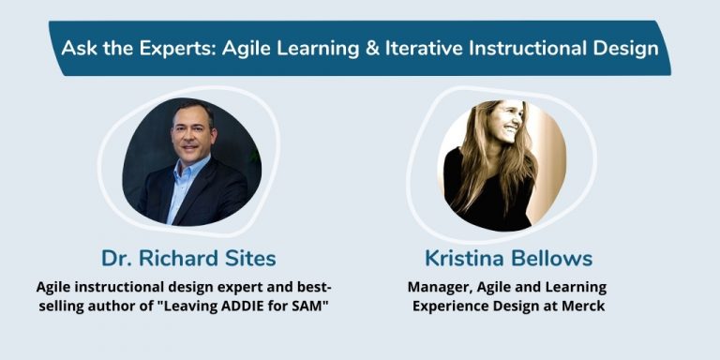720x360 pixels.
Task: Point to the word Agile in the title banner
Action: click(250, 48)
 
